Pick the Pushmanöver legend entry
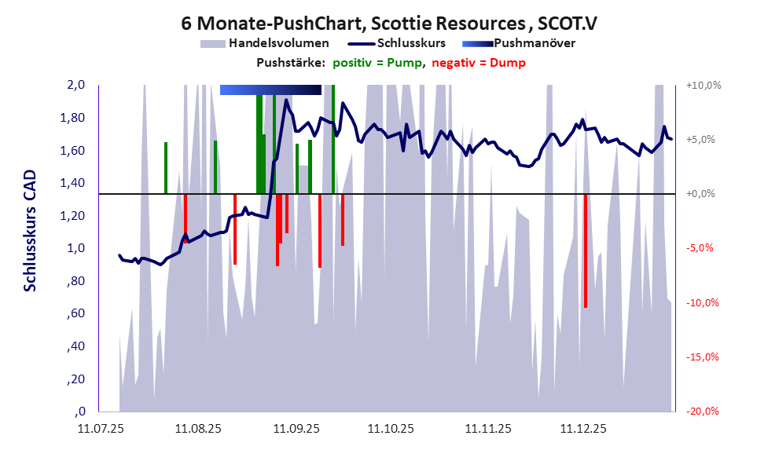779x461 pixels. click(x=534, y=43)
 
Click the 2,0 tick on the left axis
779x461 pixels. click(x=75, y=86)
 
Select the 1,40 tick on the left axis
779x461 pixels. click(x=73, y=184)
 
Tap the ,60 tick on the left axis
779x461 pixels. click(x=77, y=314)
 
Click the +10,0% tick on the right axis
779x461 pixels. click(x=704, y=86)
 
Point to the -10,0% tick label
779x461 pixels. click(x=704, y=303)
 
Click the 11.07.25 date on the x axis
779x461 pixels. click(x=101, y=430)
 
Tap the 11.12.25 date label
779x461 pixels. click(x=582, y=430)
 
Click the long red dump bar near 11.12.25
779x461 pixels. click(x=586, y=251)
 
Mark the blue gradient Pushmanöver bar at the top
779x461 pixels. click(x=270, y=90)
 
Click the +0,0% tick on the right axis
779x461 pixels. click(x=704, y=194)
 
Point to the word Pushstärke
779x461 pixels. click(x=290, y=63)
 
